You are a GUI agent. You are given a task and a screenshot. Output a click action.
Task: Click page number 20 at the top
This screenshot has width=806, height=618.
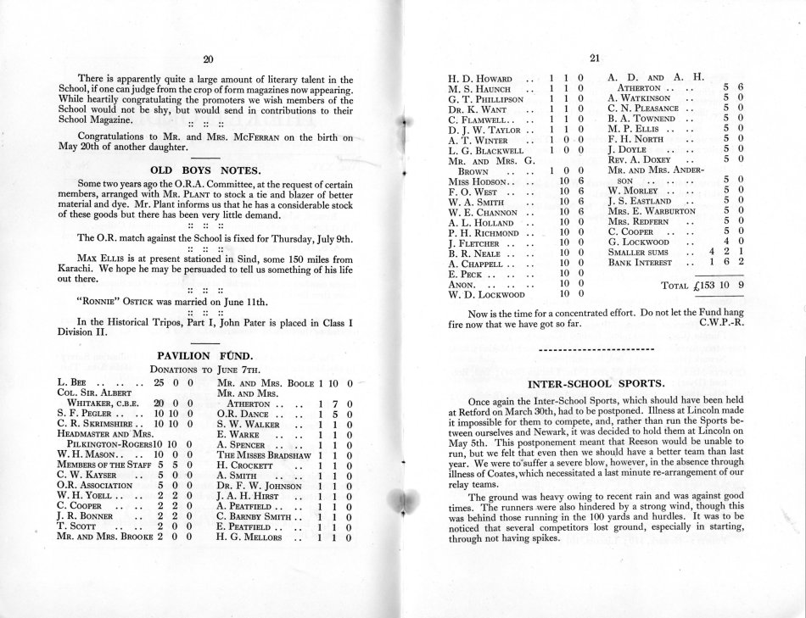click(209, 58)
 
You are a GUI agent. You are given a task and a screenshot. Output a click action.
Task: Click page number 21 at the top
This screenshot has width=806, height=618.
click(595, 58)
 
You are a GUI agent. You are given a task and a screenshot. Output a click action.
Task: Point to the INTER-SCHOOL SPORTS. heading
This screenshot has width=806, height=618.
click(595, 384)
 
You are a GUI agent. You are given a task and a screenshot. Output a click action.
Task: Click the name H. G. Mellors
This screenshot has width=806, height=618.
click(253, 538)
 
